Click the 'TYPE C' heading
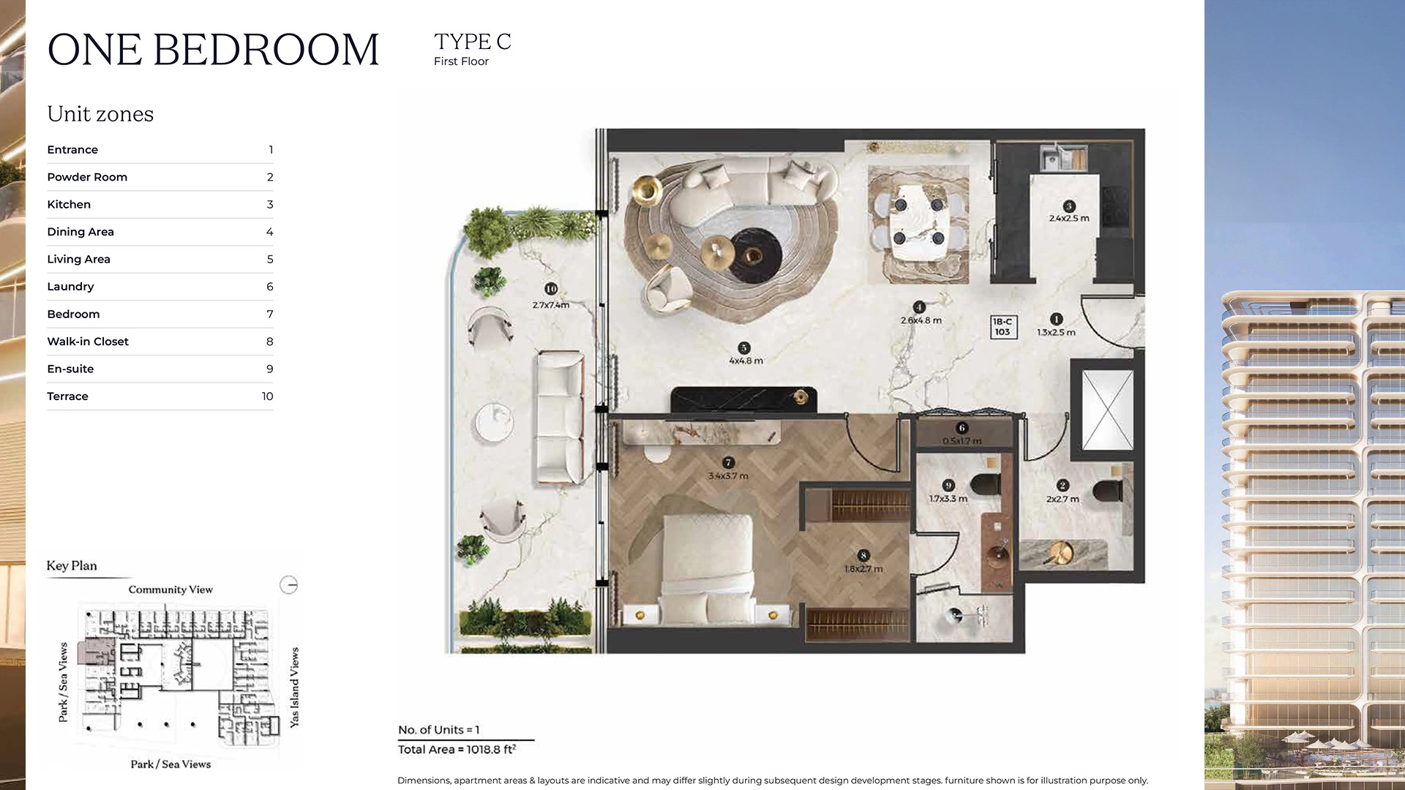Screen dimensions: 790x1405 coord(472,42)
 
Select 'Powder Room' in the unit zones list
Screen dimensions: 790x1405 coord(87,177)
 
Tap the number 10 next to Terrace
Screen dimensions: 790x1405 coord(267,396)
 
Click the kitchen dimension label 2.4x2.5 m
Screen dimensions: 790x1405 coord(1068,218)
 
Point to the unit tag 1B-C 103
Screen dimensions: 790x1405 coord(1003,327)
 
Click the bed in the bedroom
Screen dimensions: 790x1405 coord(707,567)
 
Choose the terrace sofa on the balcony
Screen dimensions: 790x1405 coord(561,417)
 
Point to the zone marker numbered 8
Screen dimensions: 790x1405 coord(863,556)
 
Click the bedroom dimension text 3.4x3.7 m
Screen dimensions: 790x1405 coord(727,476)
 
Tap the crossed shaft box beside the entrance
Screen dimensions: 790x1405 coord(1107,410)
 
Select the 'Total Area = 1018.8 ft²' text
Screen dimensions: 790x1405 coord(457,750)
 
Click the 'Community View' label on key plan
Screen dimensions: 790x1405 coord(171,590)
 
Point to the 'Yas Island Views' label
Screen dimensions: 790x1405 coord(294,687)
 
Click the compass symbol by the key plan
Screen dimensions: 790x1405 coord(289,584)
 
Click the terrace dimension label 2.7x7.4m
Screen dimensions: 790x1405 coord(550,305)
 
